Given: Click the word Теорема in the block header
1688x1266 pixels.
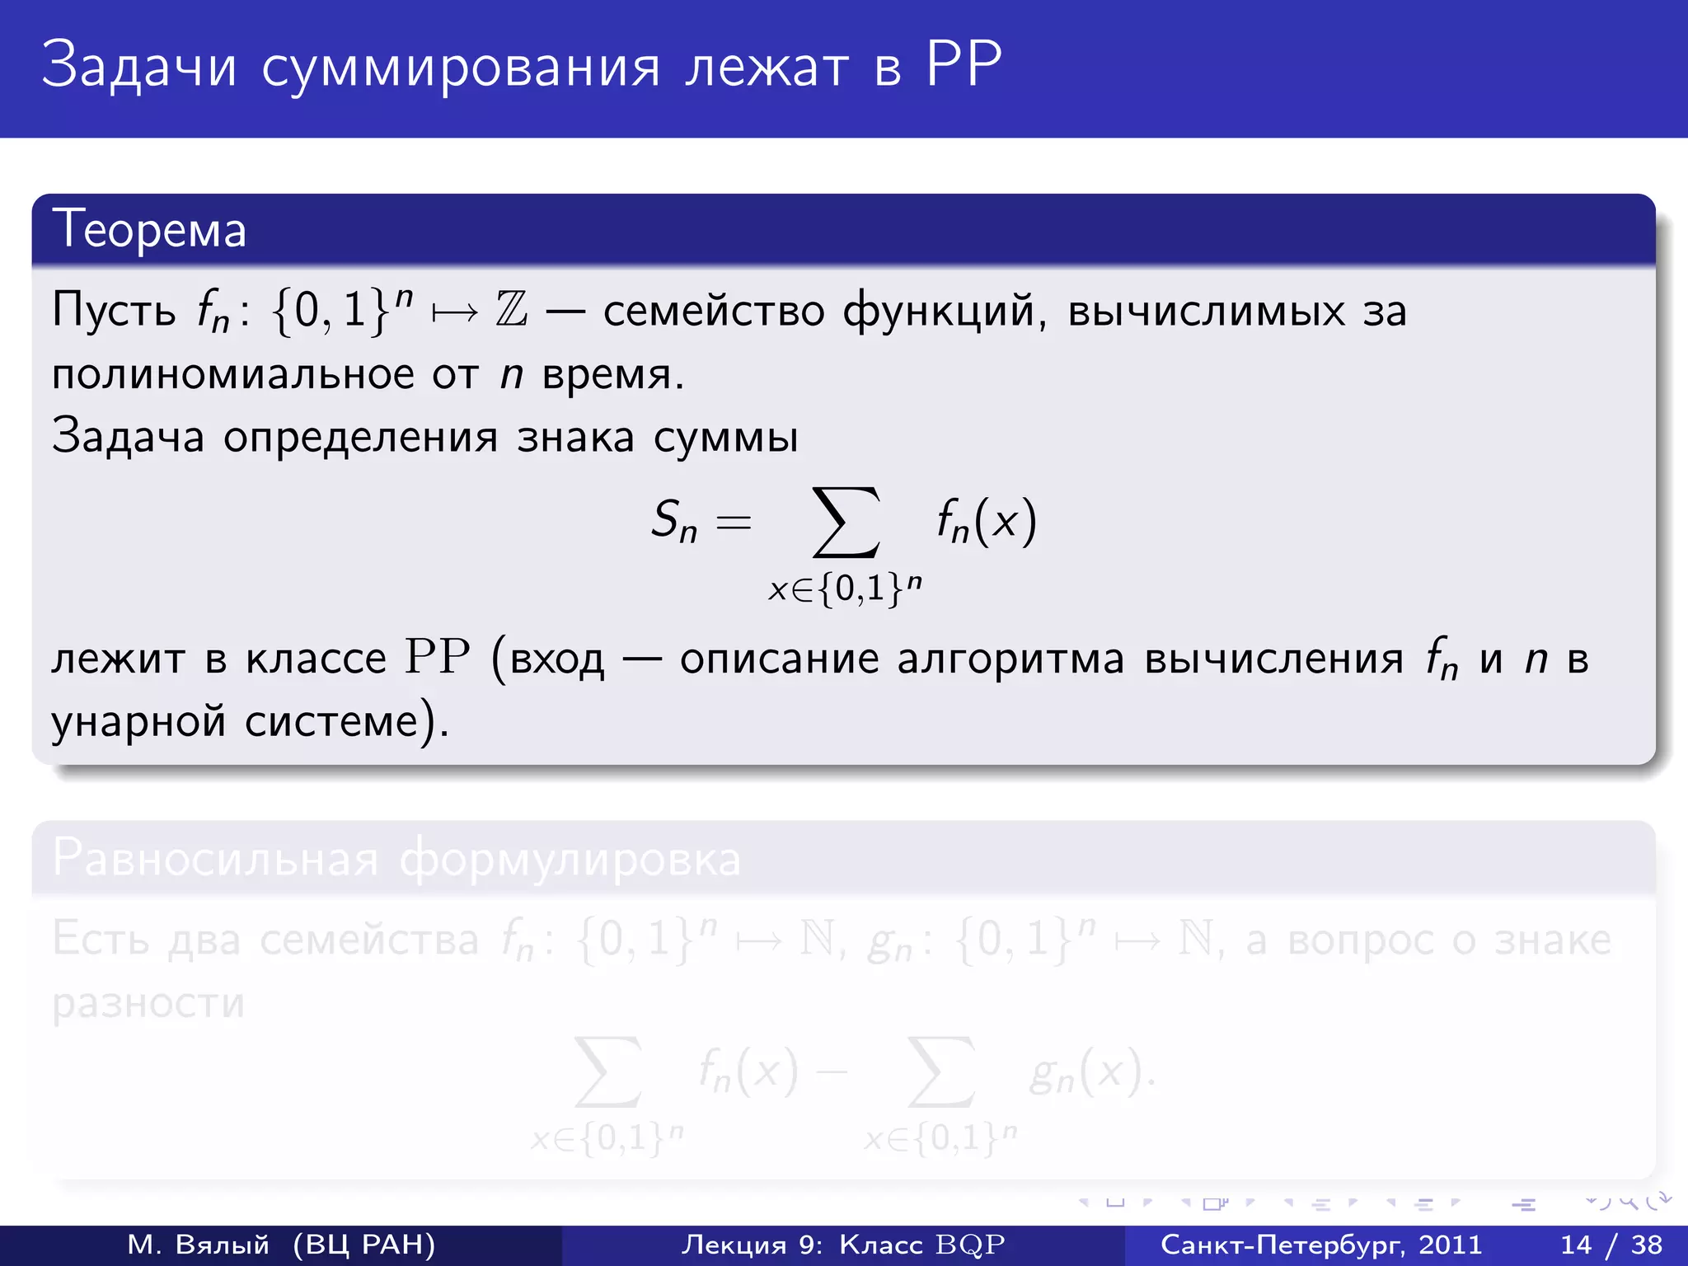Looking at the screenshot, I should click(x=149, y=230).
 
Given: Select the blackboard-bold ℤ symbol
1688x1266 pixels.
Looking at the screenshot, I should click(x=511, y=311).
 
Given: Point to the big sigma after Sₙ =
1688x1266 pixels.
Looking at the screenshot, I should click(x=846, y=523).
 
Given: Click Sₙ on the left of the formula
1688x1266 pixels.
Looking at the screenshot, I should click(x=673, y=521).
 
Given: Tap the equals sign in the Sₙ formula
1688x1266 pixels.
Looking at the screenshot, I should click(x=734, y=523).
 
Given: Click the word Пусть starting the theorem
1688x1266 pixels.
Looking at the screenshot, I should click(x=114, y=311).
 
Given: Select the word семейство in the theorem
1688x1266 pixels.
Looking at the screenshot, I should click(x=714, y=311).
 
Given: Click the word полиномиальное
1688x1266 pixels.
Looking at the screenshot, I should click(x=233, y=375).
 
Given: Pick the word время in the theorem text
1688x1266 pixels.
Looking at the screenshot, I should click(x=612, y=375).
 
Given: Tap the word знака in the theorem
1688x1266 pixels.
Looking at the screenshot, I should click(x=575, y=437).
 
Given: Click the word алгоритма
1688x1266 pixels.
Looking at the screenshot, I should click(x=1010, y=659).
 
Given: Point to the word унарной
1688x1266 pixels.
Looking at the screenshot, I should click(x=138, y=721).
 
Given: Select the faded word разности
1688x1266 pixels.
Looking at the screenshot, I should click(x=148, y=1003).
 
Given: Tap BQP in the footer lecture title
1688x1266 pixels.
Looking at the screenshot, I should click(x=970, y=1245).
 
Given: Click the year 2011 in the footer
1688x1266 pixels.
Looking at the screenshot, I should click(x=1450, y=1245).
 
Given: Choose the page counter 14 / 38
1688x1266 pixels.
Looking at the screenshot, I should click(x=1611, y=1245).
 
